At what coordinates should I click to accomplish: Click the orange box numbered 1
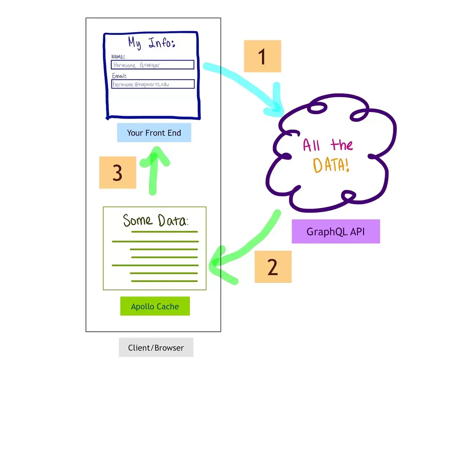coord(262,56)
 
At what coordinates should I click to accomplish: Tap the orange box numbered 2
coord(273,266)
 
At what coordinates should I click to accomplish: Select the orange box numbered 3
coord(118,172)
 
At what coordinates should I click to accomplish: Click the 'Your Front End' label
coord(154,133)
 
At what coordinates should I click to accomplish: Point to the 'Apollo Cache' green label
coord(155,306)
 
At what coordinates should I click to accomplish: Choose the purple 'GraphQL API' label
coord(336,231)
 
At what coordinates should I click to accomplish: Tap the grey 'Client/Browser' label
coord(156,347)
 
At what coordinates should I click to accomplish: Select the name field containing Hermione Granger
coord(152,65)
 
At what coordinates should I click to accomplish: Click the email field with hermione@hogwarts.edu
coord(153,84)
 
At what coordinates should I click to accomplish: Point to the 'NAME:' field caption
coord(118,57)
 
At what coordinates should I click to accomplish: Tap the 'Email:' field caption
coord(119,75)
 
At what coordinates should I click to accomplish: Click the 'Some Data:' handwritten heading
coord(156,220)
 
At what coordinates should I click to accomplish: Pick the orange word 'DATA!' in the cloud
coord(331,165)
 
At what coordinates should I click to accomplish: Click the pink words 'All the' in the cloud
coord(328,145)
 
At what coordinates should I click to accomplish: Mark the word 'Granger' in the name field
coord(150,65)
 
